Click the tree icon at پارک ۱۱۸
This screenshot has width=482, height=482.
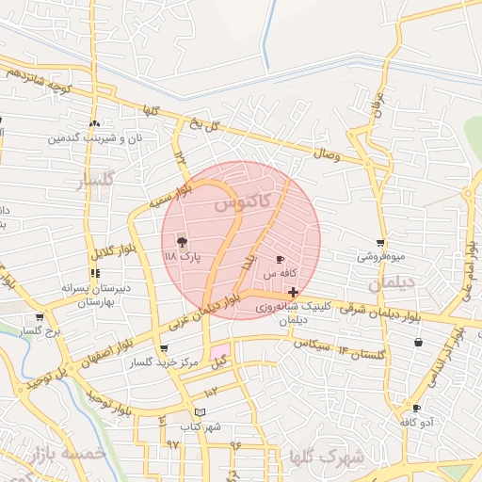tap(182, 241)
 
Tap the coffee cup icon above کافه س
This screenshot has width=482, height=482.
tap(280, 259)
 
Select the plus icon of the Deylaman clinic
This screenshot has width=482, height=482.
tap(294, 293)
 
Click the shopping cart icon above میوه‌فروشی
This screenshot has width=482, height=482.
tap(380, 242)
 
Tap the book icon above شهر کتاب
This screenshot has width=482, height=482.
tap(199, 412)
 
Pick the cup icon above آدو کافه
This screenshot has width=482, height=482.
tap(416, 408)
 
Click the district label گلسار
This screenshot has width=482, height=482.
tap(94, 179)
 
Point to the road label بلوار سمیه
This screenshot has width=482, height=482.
tap(169, 197)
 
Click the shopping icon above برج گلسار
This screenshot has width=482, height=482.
tap(40, 317)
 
